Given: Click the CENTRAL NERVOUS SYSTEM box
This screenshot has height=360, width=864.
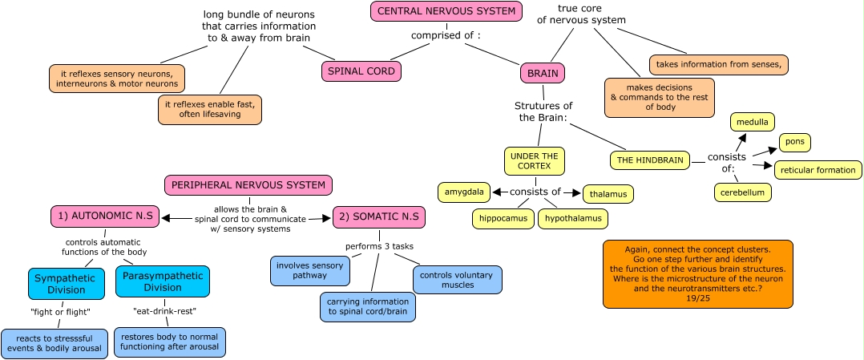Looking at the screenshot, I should point(446,11).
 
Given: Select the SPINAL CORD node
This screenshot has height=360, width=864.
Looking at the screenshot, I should point(362,71).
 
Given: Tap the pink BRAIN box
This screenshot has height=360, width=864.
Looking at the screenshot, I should point(543,74).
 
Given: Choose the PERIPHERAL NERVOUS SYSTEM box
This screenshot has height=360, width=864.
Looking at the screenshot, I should point(248,185).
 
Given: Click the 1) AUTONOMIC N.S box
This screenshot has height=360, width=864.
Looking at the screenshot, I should point(104,216).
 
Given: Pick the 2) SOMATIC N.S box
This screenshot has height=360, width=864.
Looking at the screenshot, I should point(378,216).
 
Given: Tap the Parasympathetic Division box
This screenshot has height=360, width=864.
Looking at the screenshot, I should point(162,281).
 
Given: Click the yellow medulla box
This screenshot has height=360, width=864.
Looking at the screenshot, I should point(753,123).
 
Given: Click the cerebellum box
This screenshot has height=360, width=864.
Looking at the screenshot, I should point(743,192).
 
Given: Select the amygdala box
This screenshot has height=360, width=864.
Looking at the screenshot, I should point(464,192).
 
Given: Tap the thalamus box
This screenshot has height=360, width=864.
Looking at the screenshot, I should point(608,194).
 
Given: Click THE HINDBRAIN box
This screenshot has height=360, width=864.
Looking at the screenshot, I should point(650,160).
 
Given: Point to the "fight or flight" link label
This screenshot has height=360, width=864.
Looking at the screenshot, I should point(60,312).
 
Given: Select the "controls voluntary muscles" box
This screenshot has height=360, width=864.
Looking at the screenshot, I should point(458,279).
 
